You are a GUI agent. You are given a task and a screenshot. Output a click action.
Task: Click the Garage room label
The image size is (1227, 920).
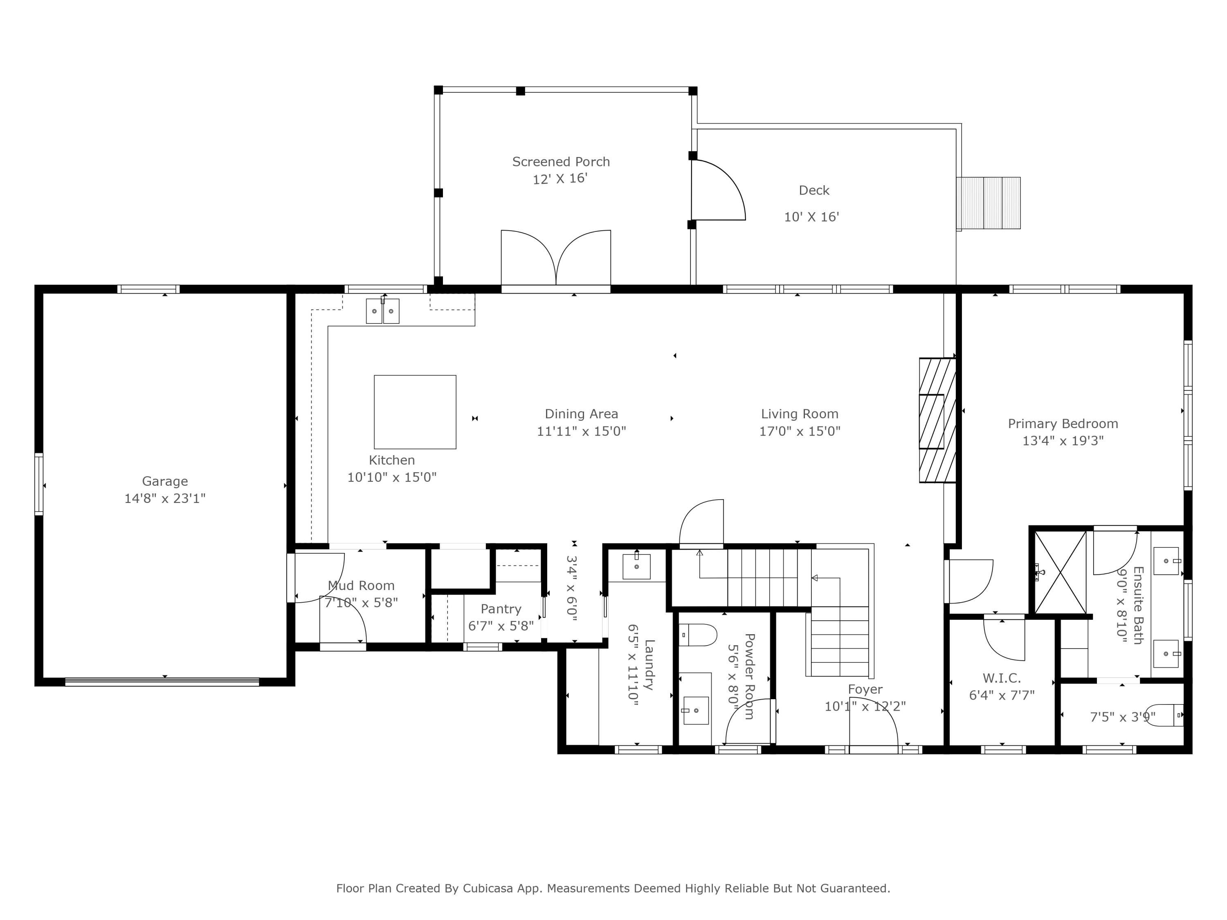coord(165,481)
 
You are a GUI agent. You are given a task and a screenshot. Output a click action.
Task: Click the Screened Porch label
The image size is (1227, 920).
coord(561,162)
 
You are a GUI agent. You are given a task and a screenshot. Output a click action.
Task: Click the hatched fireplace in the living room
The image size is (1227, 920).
coord(937,420)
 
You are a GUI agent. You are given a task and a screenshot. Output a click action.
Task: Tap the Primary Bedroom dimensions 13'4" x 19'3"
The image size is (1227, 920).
coord(1063,441)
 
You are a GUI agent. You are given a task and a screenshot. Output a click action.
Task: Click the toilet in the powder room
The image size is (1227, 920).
coord(699,635)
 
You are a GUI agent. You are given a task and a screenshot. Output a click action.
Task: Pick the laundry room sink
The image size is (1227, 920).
coord(637,566)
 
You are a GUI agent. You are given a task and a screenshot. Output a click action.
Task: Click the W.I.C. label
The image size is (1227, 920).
coord(1002,678)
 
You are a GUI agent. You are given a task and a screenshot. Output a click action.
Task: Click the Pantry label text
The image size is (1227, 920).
coord(501,609)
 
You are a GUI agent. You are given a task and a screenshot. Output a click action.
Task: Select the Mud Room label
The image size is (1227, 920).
coord(361,586)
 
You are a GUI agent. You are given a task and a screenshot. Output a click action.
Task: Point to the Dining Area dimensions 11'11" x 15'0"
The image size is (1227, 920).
coord(581,431)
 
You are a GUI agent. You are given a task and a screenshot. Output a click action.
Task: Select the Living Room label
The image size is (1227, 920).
coord(799,414)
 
